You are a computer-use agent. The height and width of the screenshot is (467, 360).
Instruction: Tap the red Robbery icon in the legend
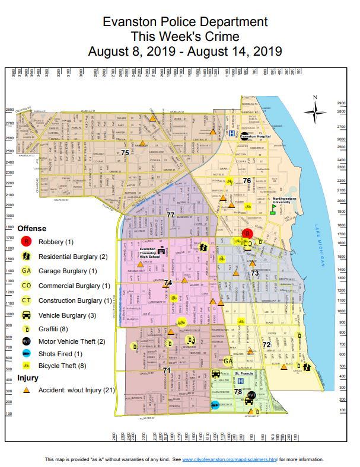[26, 242]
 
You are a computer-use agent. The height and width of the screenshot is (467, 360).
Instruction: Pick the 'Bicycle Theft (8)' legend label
[66, 365]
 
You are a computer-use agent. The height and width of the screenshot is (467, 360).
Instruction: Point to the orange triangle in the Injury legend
[26, 391]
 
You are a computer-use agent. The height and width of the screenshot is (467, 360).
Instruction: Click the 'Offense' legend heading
[31, 228]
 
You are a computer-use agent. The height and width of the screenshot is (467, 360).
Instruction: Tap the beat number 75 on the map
[125, 153]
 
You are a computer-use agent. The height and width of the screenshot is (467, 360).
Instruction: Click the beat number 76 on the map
[247, 180]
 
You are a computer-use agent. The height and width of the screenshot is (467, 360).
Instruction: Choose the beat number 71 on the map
[167, 370]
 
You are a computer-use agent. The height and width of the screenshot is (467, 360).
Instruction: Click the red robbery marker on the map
[248, 234]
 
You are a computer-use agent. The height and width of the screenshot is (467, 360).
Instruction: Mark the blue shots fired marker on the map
[215, 405]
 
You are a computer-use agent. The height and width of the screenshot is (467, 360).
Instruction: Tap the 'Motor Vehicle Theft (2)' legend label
[72, 341]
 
